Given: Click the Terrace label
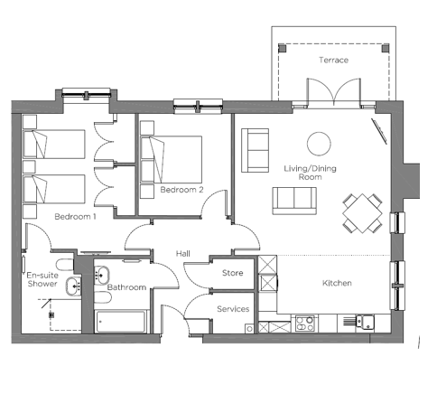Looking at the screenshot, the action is click(333, 60).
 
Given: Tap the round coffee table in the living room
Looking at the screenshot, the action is click(319, 144).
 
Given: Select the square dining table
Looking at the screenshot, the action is click(362, 213).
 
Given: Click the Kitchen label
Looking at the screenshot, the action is click(337, 283).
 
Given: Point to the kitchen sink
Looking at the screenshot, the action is click(364, 322).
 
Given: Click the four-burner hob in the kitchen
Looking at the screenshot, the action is click(304, 324).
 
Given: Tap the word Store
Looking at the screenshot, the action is click(232, 273).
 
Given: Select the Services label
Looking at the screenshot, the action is click(233, 309).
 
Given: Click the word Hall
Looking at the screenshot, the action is click(183, 254).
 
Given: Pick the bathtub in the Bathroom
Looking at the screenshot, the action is click(121, 322).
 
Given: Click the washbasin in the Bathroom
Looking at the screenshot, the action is click(102, 275).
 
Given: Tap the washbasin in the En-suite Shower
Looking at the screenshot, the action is click(74, 286).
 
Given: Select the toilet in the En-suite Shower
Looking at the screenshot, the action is click(65, 265).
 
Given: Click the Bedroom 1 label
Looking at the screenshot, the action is click(75, 217).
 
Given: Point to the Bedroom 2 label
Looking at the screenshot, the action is click(181, 190).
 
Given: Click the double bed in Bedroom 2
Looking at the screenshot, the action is click(172, 159).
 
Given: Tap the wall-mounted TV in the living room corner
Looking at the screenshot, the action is click(379, 131).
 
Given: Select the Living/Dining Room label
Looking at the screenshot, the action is click(310, 173).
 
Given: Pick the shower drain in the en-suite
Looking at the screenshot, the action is click(51, 315).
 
